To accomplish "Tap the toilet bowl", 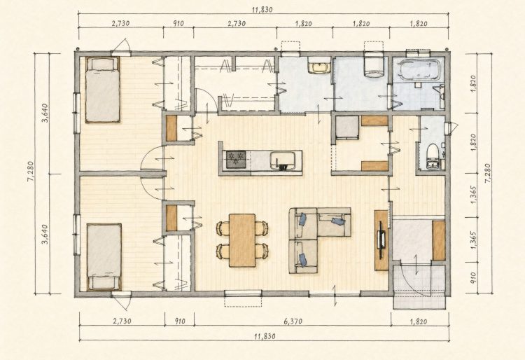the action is click(x=433, y=155).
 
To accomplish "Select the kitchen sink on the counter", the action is click(x=283, y=159).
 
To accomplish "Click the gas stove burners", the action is click(x=236, y=159).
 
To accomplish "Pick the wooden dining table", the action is click(x=242, y=240).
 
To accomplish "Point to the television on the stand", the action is click(x=381, y=240).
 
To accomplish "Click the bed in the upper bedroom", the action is click(x=102, y=90).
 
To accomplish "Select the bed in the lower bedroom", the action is click(x=104, y=256).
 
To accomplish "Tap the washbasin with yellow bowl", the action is click(x=319, y=67).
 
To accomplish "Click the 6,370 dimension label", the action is click(x=293, y=321).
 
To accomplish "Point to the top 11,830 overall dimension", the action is click(x=262, y=10).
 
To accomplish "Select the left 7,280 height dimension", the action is click(x=31, y=173).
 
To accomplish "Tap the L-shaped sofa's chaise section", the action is click(x=303, y=256).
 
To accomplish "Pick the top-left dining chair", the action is click(x=223, y=228).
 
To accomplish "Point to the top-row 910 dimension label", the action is click(x=178, y=23).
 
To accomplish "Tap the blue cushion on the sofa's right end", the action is click(x=338, y=221).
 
